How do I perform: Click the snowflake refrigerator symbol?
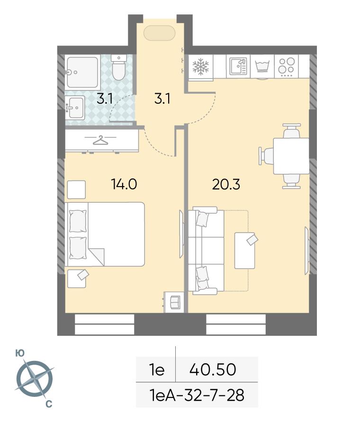pyautogui.click(x=200, y=66)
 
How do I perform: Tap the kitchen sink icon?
pyautogui.click(x=238, y=66)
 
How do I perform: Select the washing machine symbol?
pyautogui.click(x=262, y=66)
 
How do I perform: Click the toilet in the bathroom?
pyautogui.click(x=119, y=67)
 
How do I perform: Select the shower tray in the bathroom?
pyautogui.click(x=81, y=72)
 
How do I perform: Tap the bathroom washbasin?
pyautogui.click(x=75, y=108)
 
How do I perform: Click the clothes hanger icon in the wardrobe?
pyautogui.click(x=100, y=140)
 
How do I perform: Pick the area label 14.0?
pyautogui.click(x=124, y=184)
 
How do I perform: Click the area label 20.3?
pyautogui.click(x=226, y=184)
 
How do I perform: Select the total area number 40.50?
pyautogui.click(x=213, y=369)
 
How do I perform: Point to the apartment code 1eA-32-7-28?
pyautogui.click(x=197, y=395)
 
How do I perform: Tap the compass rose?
pyautogui.click(x=35, y=379)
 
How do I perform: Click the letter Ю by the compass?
pyautogui.click(x=19, y=353)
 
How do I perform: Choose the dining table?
pyautogui.click(x=291, y=156)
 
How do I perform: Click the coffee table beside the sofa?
pyautogui.click(x=245, y=251)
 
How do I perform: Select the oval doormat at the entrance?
pyautogui.click(x=160, y=33)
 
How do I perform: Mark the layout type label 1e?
pyautogui.click(x=157, y=370)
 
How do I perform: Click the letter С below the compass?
pyautogui.click(x=49, y=404)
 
